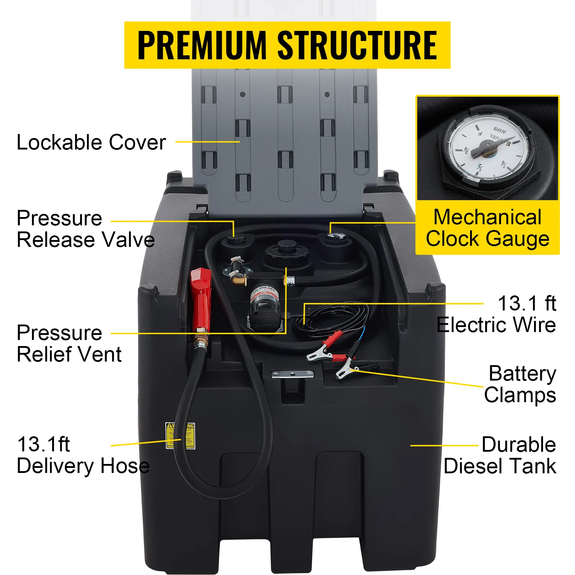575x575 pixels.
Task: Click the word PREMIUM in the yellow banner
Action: (x=201, y=45)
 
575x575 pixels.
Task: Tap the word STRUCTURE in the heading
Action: (x=357, y=45)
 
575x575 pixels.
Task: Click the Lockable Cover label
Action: (x=91, y=142)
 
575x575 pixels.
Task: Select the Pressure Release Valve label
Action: (x=86, y=229)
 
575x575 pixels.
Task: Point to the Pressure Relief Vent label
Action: (x=69, y=344)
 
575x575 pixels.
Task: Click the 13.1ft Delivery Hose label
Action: (x=83, y=455)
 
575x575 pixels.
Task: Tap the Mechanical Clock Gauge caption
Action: (x=487, y=228)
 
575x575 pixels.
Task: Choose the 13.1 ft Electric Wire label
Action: (x=497, y=314)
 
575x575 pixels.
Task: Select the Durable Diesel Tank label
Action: (x=500, y=455)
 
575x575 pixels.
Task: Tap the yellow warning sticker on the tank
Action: (x=180, y=436)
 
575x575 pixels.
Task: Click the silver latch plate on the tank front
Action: (x=292, y=374)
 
